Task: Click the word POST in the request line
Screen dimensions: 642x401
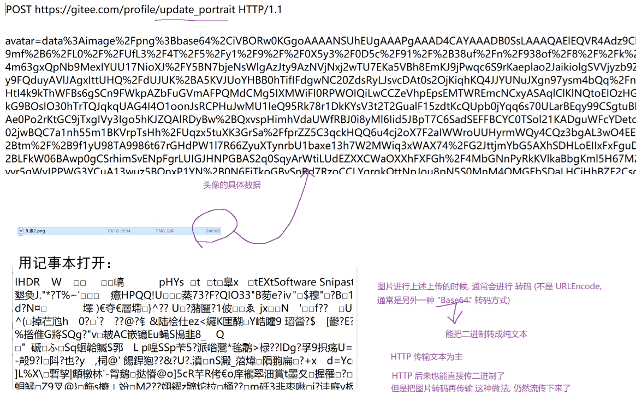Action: [19, 10]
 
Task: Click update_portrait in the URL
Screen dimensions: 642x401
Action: [196, 10]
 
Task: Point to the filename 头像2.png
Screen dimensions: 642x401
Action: [35, 231]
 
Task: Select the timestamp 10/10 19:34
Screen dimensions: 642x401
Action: [120, 231]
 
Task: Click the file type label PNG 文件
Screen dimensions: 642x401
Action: [165, 231]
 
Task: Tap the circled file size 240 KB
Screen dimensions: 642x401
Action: [213, 231]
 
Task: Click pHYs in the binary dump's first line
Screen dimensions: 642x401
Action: [172, 282]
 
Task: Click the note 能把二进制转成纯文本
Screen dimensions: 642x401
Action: [486, 334]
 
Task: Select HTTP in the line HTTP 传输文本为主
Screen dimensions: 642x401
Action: [401, 357]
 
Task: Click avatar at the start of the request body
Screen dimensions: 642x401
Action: [17, 41]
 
